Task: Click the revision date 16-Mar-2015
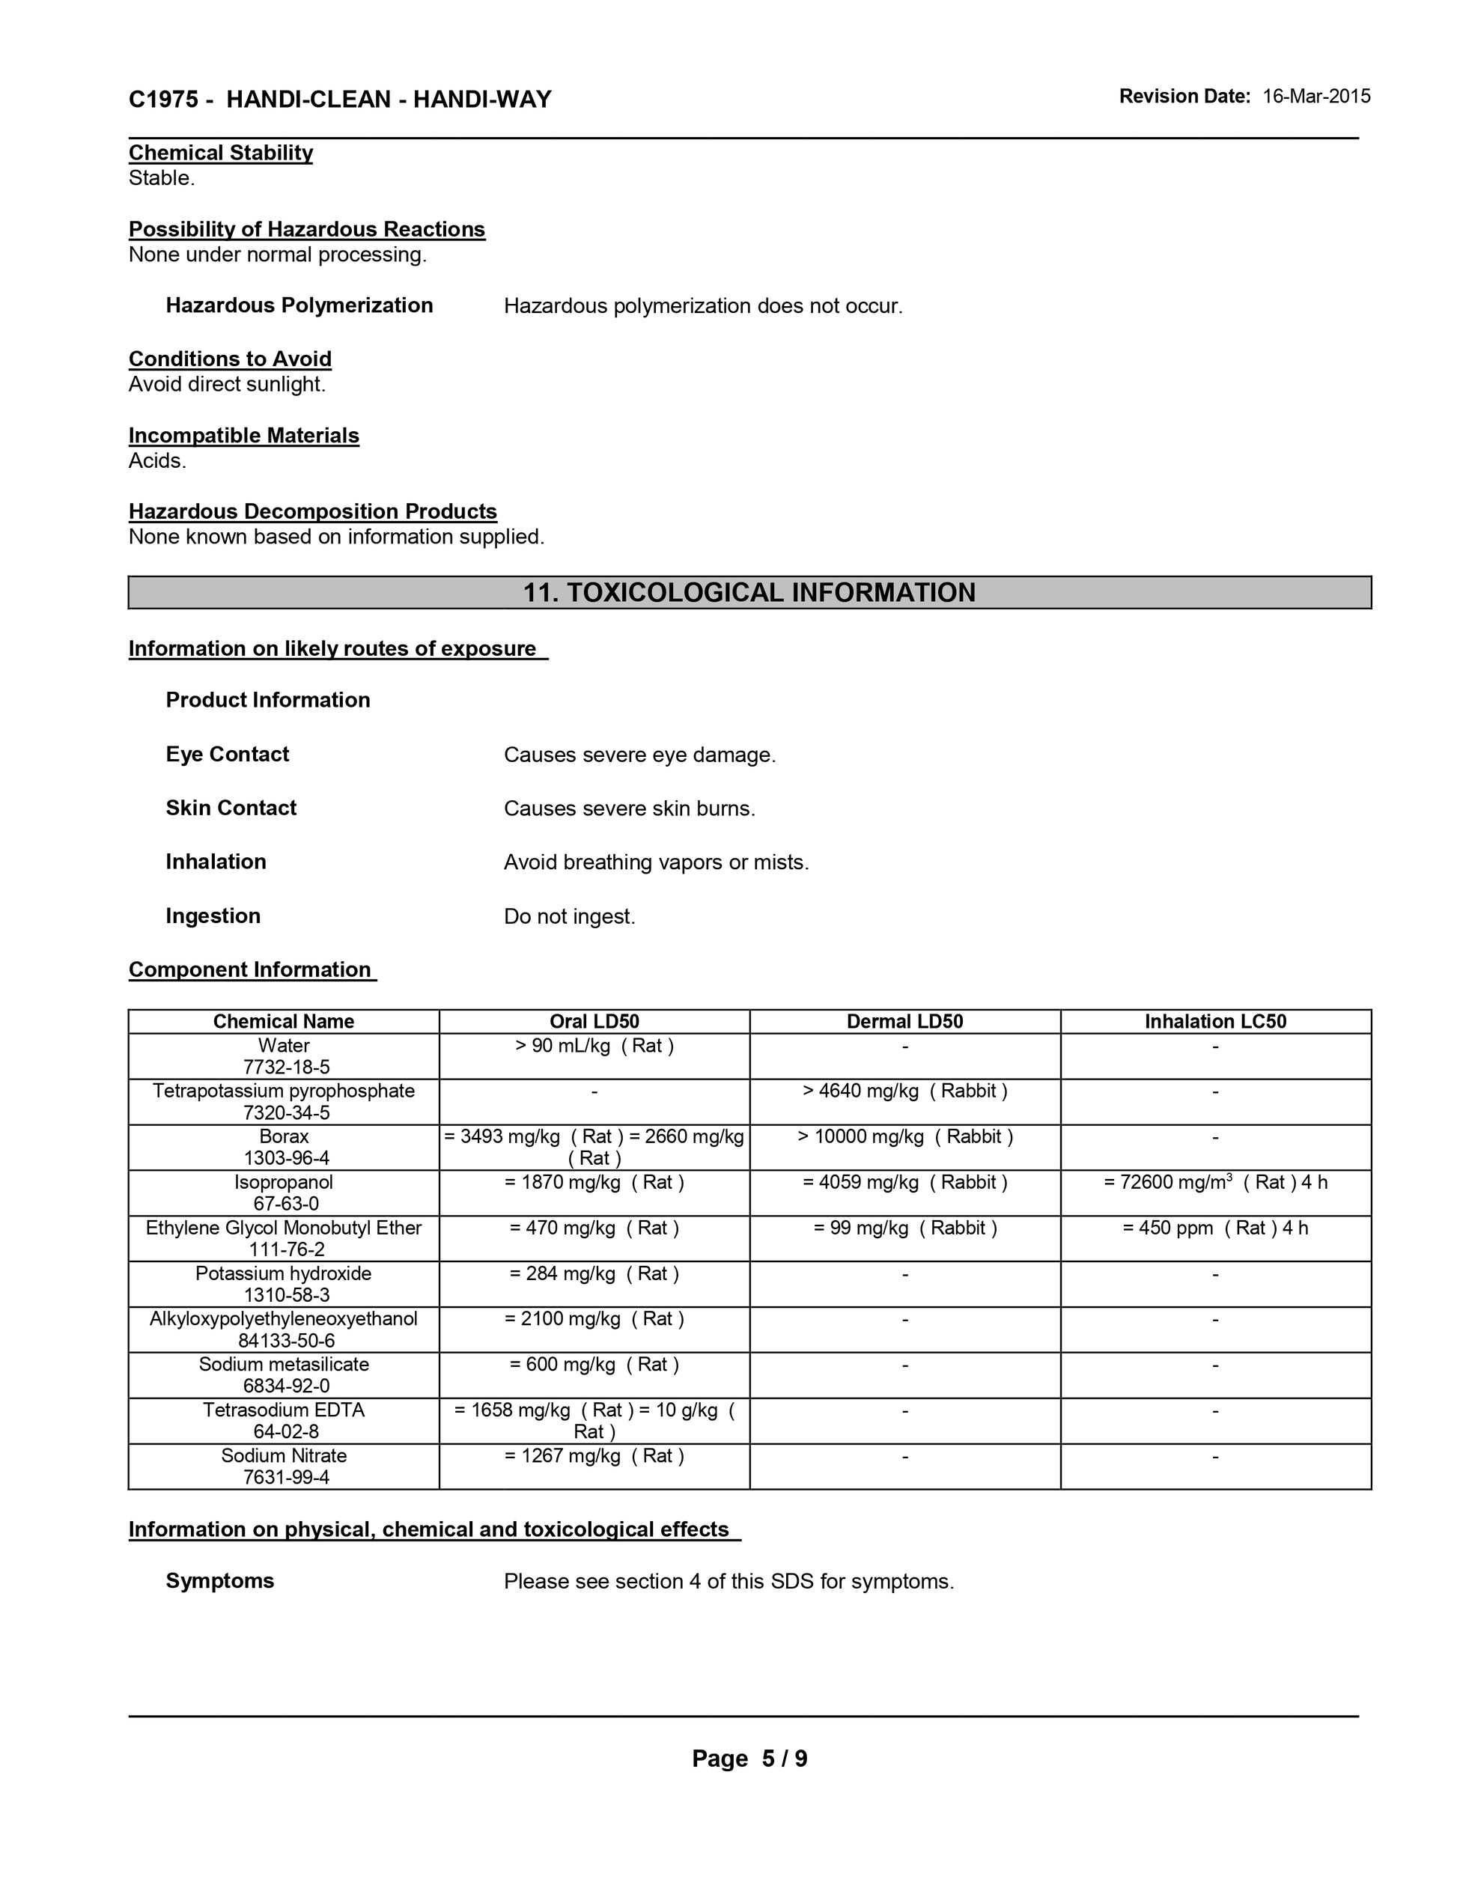tap(1315, 97)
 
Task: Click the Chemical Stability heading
tap(220, 153)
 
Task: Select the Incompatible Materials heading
tap(243, 436)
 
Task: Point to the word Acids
tap(157, 461)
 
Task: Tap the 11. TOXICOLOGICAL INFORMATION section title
tap(749, 593)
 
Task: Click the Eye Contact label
tap(227, 755)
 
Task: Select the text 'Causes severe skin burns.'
tap(629, 808)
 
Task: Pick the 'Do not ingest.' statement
tap(569, 916)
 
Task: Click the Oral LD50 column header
tap(594, 1022)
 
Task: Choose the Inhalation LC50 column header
tap(1215, 1022)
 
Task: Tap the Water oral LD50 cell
tap(594, 1046)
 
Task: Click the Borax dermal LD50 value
tap(904, 1136)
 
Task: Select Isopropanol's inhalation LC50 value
tap(1215, 1183)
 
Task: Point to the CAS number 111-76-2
tap(283, 1249)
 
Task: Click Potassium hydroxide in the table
tap(283, 1274)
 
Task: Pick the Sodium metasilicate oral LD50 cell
tap(594, 1365)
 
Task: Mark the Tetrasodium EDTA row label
tap(283, 1410)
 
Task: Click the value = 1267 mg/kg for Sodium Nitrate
tap(594, 1456)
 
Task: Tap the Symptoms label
tap(219, 1581)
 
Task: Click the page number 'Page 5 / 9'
tap(749, 1759)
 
